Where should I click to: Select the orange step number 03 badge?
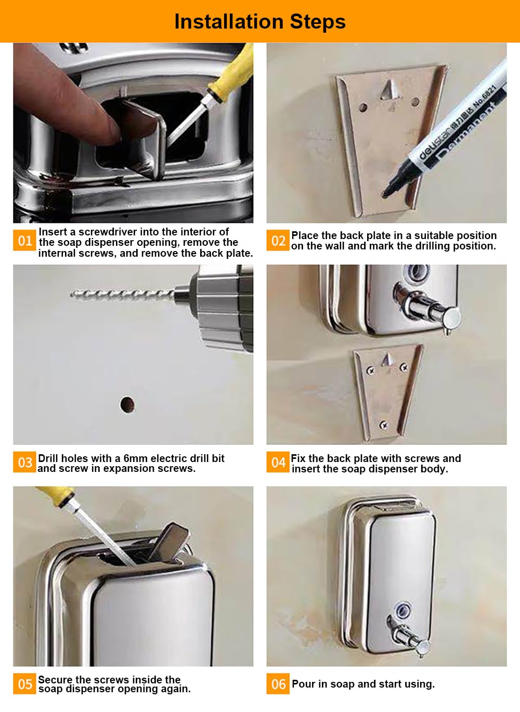(x=24, y=462)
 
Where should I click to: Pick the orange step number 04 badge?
(x=278, y=462)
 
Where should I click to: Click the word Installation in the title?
(x=229, y=22)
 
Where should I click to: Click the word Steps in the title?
(x=318, y=22)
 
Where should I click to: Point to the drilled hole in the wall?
(x=127, y=405)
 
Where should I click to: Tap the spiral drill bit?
(x=122, y=294)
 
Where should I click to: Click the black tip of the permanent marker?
(x=387, y=192)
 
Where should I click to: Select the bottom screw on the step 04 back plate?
(x=384, y=425)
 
